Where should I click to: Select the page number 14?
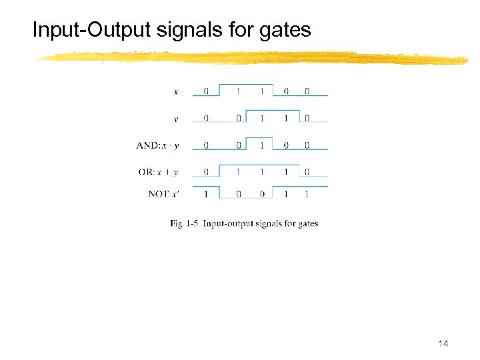(x=443, y=343)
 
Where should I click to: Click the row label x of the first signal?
(x=175, y=91)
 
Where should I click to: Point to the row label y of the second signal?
(x=175, y=119)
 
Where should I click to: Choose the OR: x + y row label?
(x=158, y=172)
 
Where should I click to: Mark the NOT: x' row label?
(x=163, y=195)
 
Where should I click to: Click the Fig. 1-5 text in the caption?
(x=184, y=223)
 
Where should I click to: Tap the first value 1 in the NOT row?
(x=206, y=195)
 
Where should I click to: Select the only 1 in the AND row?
(x=261, y=145)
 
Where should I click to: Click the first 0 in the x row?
(x=206, y=91)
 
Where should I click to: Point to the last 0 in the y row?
(x=307, y=119)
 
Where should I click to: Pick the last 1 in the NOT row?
(x=307, y=195)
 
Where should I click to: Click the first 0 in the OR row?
(x=206, y=172)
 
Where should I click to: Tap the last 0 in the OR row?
(x=307, y=172)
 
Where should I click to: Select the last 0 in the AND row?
(x=307, y=145)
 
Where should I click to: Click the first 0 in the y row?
(x=206, y=119)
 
